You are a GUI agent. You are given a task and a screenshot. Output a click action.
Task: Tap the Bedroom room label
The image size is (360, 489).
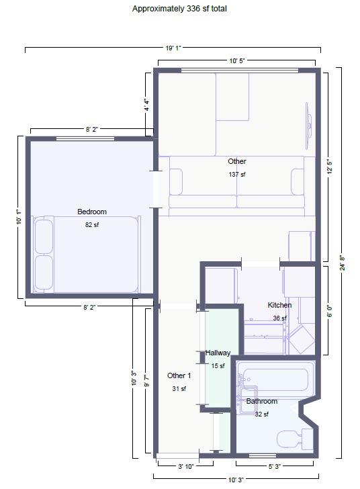91,212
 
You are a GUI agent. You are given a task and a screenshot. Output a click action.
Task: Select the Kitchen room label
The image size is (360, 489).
279,305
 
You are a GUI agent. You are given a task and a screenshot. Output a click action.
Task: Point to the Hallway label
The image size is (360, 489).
218,353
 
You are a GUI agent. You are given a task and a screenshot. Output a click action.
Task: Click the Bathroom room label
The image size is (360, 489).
261,401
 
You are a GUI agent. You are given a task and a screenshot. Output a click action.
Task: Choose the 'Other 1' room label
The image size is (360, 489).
179,375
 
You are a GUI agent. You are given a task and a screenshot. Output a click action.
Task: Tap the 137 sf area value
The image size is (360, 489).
237,174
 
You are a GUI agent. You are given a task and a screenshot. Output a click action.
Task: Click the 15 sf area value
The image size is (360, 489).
218,366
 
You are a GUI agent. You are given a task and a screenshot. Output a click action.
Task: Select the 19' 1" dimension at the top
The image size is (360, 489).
173,48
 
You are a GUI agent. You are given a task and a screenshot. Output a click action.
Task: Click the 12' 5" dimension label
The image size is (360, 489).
328,165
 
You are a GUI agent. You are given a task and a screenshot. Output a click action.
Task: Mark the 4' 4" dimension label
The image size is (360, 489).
146,105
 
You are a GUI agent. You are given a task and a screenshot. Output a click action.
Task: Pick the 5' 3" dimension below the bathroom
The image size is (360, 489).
275,466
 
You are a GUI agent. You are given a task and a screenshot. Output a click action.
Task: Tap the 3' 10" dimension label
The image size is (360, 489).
185,466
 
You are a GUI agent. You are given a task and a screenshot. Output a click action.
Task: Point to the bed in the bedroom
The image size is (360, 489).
87,254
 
